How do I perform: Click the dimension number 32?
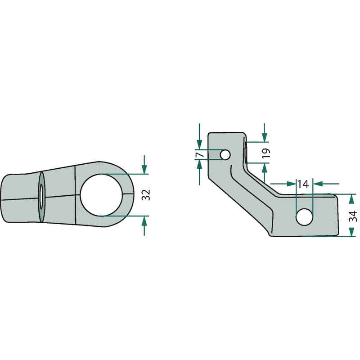[x=146, y=195]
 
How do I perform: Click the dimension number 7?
[x=200, y=154]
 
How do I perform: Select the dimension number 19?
[x=266, y=153]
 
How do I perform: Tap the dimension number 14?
[x=303, y=184]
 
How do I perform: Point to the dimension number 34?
[x=353, y=216]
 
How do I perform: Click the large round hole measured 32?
[x=101, y=195]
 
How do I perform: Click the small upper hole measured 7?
[x=225, y=154]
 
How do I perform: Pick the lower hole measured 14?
[x=305, y=217]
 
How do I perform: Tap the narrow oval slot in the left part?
[x=41, y=197]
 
